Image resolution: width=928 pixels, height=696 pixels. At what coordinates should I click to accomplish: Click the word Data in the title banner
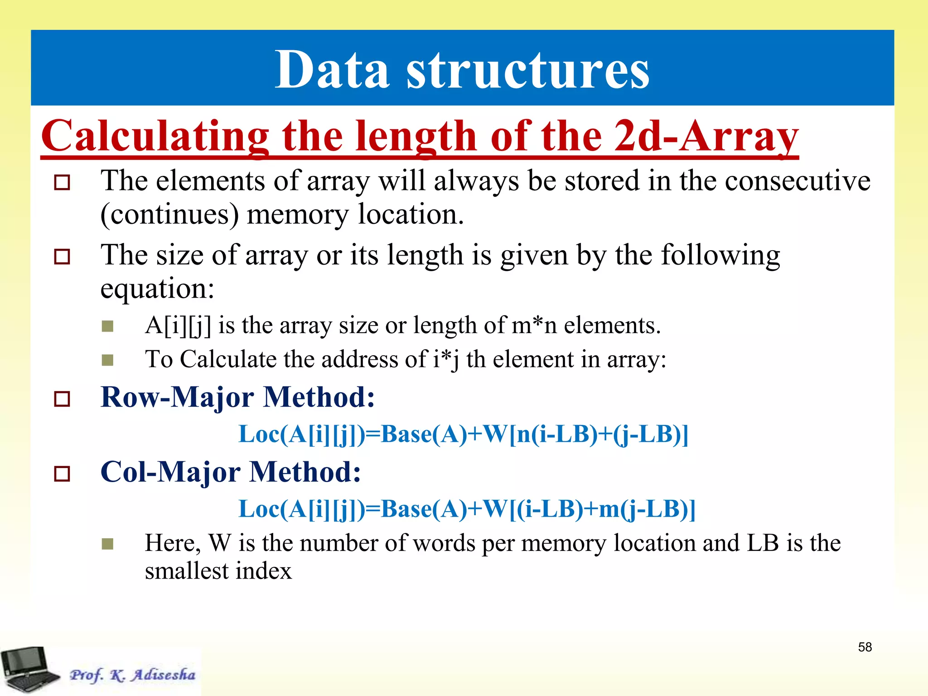(x=332, y=70)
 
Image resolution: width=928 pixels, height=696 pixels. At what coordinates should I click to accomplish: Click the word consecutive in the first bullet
(x=797, y=180)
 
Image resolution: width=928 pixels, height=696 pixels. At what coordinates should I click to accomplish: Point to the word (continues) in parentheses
(x=169, y=214)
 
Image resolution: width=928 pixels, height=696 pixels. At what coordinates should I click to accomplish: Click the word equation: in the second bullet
(x=157, y=289)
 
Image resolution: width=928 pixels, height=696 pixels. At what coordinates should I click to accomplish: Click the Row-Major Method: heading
(x=237, y=397)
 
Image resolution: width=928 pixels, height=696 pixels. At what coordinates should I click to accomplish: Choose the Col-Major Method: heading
(x=231, y=472)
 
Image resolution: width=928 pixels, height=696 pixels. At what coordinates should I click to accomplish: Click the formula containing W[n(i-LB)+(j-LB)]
(x=463, y=434)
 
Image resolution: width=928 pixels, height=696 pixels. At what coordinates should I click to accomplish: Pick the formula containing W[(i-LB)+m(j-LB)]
(x=467, y=509)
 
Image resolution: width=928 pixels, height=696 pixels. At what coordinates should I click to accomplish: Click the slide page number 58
(x=865, y=647)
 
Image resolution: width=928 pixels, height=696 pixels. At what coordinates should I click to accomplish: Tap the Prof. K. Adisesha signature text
(x=132, y=675)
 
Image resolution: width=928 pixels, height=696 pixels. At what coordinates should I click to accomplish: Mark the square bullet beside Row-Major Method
(x=62, y=399)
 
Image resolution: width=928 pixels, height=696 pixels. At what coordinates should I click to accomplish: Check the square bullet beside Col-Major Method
(x=62, y=474)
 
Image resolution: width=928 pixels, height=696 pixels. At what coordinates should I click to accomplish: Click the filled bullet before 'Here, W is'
(x=107, y=544)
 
